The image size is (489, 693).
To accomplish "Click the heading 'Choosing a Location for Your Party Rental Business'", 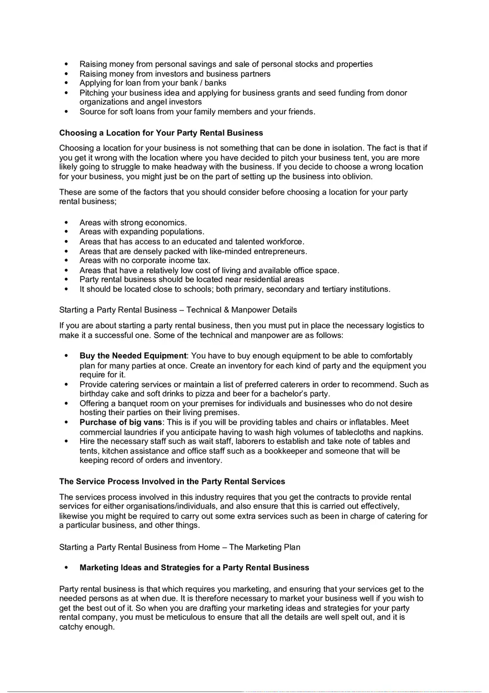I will pos(161,133).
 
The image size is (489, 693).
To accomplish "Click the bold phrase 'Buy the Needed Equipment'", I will pos(132,356).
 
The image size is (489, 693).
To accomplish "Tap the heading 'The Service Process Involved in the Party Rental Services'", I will pos(172,481).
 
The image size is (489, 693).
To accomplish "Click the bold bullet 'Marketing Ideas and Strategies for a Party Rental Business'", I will pos(194,568).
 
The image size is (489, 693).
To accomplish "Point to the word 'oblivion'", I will pos(356,176).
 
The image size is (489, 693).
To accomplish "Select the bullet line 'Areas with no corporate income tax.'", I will pos(144,261).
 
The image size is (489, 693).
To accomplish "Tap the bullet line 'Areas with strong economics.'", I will pos(133,222).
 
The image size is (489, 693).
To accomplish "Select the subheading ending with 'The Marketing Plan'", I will pos(179,547).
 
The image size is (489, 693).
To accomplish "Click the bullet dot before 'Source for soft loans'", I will pos(67,112).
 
